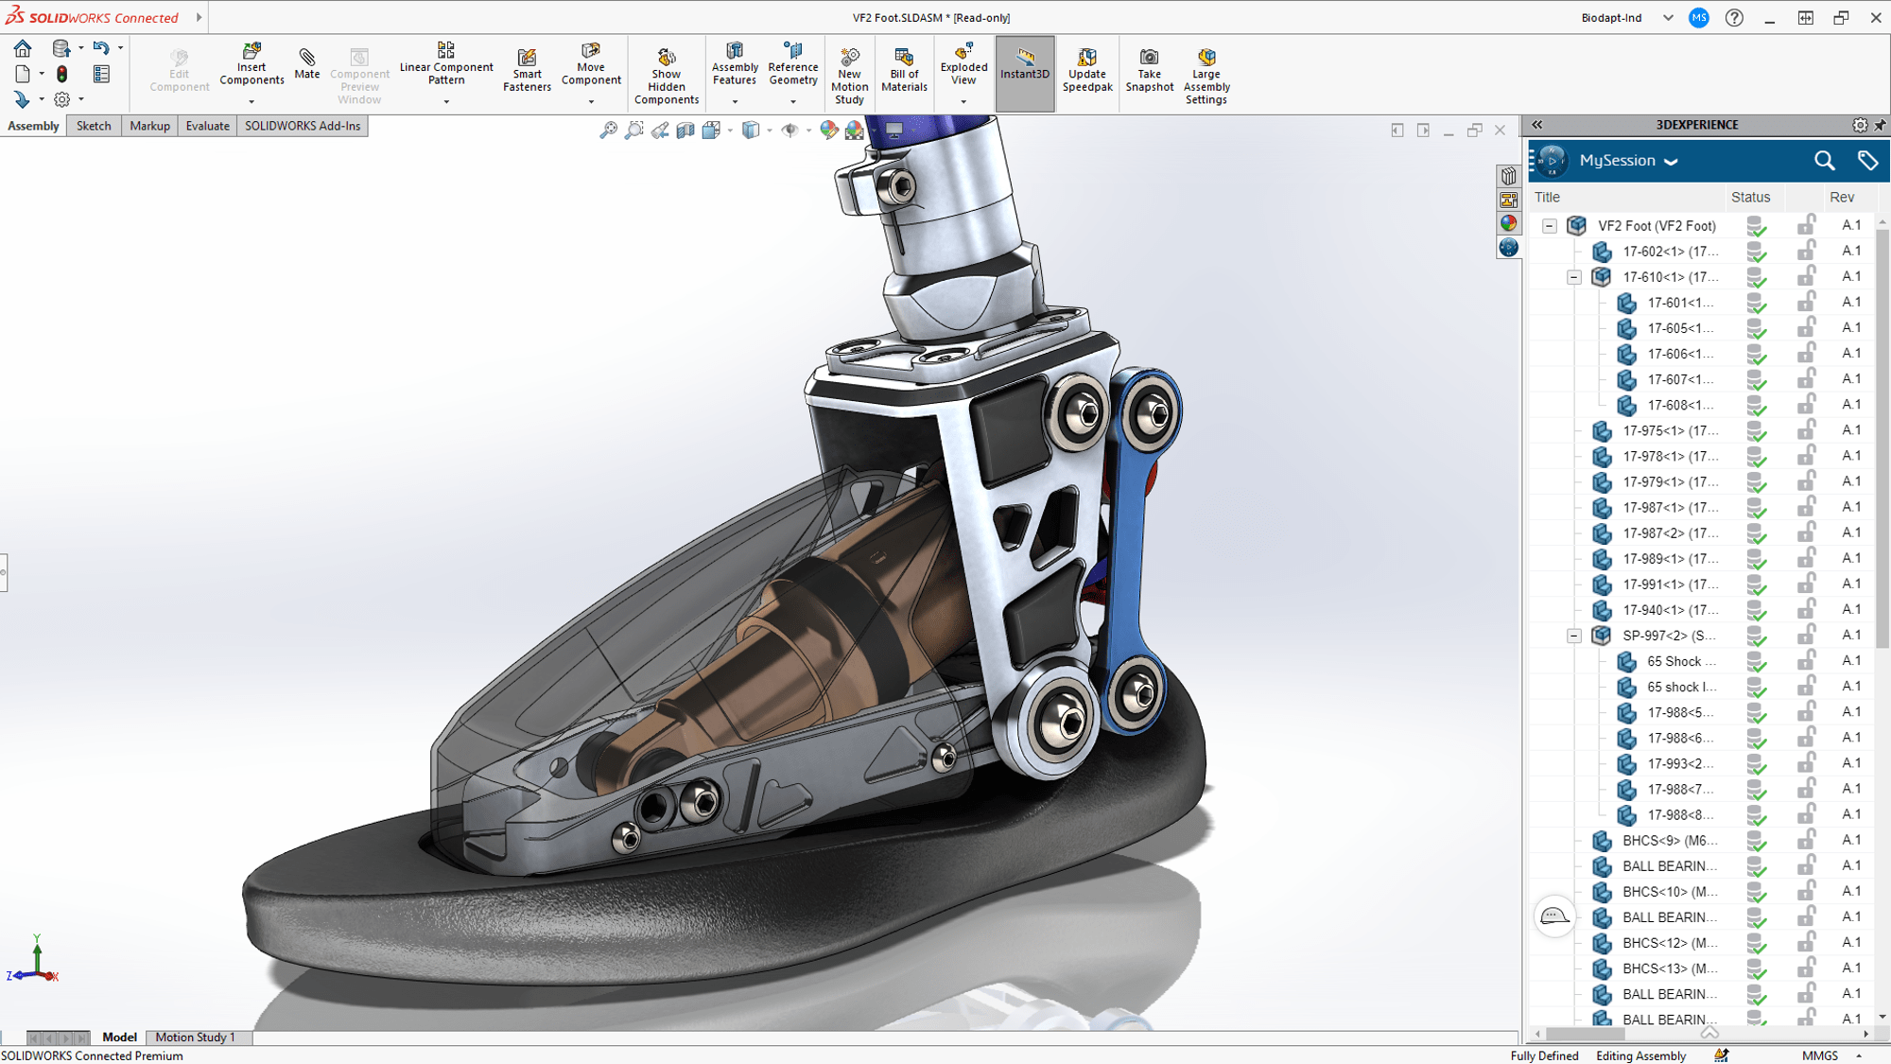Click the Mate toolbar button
(x=306, y=64)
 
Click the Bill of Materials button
(x=904, y=70)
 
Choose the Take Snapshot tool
(x=1149, y=70)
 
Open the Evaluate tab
(x=207, y=126)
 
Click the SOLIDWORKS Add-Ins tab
(x=303, y=126)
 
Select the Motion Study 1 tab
(x=195, y=1038)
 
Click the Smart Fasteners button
(x=527, y=70)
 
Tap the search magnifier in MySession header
(x=1824, y=161)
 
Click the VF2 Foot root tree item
(x=1657, y=226)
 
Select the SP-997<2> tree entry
(x=1668, y=636)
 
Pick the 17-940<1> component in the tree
(x=1670, y=610)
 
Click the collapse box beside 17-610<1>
(x=1574, y=277)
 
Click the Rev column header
(x=1842, y=198)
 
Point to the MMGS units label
(x=1820, y=1055)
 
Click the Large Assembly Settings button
(x=1206, y=76)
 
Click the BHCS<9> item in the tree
(x=1670, y=841)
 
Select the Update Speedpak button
(x=1087, y=70)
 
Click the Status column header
(x=1750, y=198)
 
